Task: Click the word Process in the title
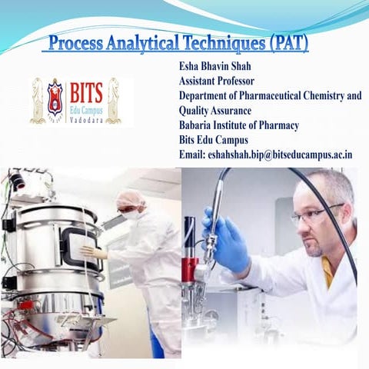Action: pyautogui.click(x=75, y=42)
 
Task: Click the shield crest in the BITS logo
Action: pyautogui.click(x=55, y=98)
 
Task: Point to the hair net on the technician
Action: pyautogui.click(x=130, y=198)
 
